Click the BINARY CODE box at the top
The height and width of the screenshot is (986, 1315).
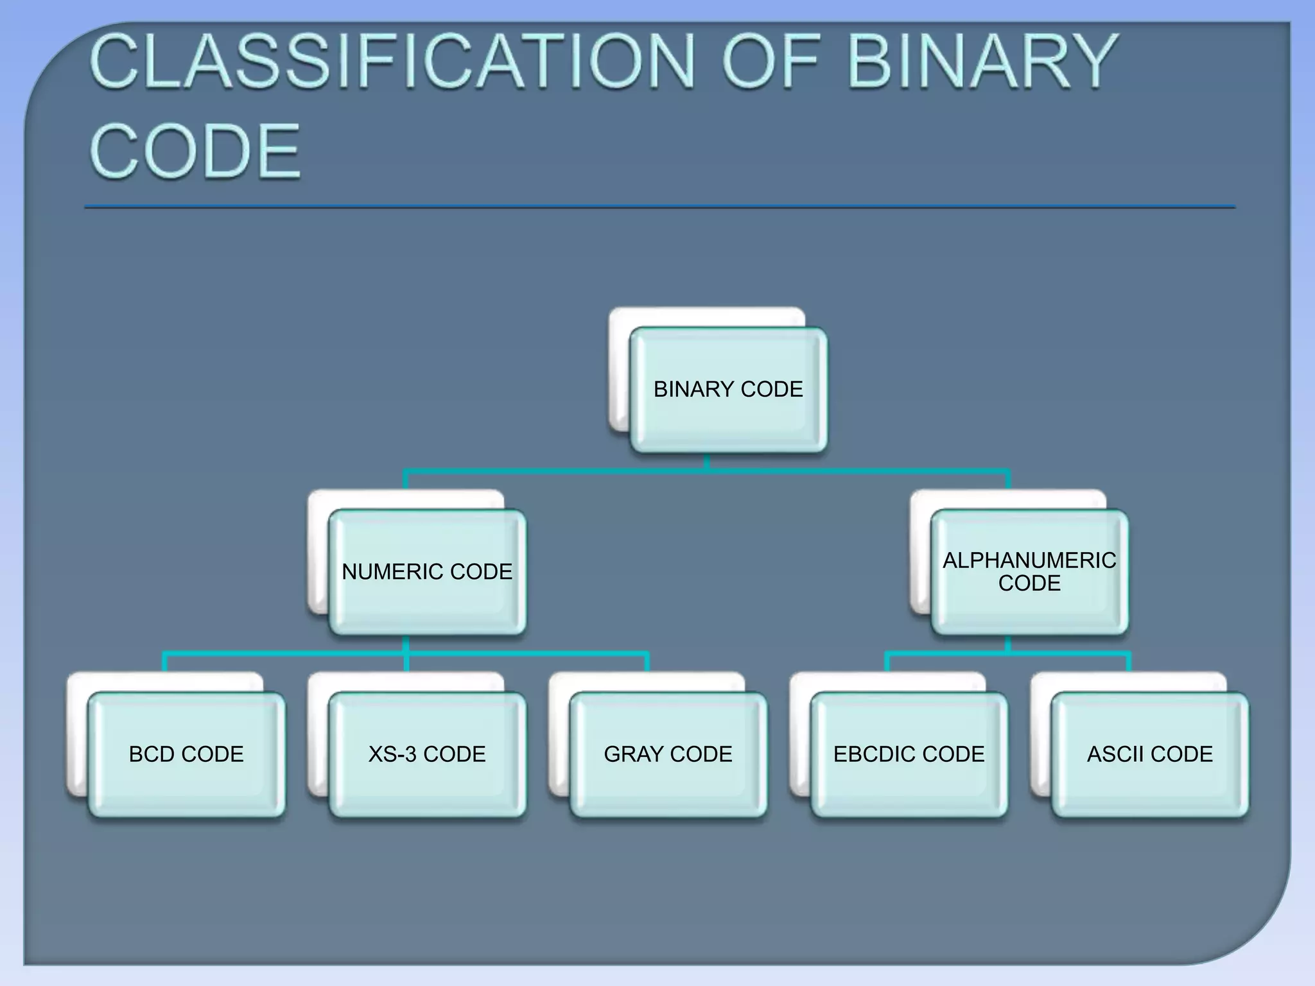click(728, 390)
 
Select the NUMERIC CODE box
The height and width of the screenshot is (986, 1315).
click(427, 572)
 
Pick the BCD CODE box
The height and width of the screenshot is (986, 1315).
click(186, 754)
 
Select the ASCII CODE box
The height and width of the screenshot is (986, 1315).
click(1149, 754)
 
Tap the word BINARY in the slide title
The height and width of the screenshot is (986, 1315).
click(982, 62)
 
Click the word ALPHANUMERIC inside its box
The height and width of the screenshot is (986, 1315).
click(1029, 560)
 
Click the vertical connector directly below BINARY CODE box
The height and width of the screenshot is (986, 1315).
click(707, 462)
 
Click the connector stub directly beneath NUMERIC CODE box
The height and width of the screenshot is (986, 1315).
click(406, 644)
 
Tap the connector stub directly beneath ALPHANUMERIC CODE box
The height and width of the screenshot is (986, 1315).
click(1007, 644)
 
